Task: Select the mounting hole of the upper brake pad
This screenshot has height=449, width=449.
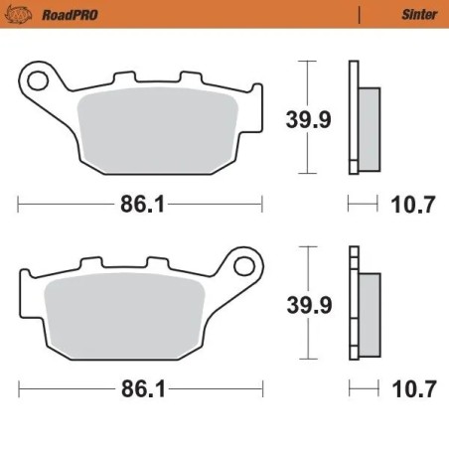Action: (39, 76)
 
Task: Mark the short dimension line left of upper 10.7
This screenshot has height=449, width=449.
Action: (364, 205)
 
